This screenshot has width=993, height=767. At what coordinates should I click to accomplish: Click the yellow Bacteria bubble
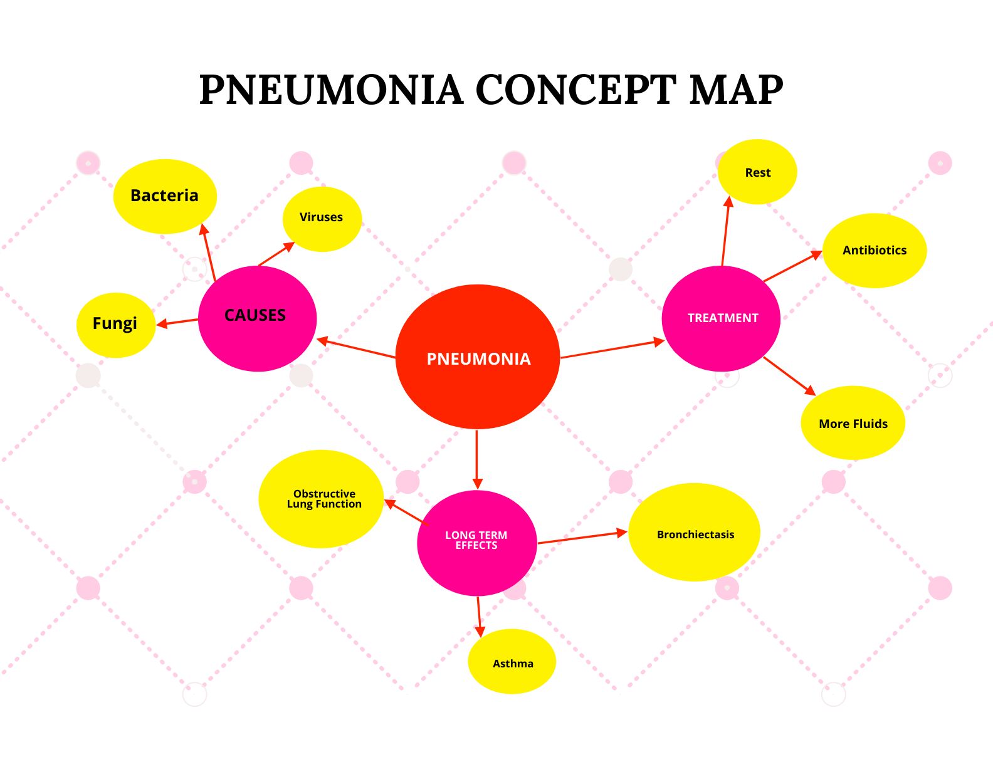pos(165,196)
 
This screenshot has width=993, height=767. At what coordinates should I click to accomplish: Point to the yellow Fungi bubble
pos(115,325)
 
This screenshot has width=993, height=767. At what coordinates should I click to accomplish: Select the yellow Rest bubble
pos(757,172)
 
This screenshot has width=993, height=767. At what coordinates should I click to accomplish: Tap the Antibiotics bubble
pos(874,251)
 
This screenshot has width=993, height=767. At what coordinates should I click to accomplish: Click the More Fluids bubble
pos(853,423)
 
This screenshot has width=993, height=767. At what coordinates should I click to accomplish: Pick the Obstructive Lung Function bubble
pos(321,499)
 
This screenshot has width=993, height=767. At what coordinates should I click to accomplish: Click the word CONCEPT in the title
pos(575,89)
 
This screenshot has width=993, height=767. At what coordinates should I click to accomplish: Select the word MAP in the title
pos(736,89)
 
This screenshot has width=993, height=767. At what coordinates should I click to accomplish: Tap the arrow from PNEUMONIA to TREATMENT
pos(611,349)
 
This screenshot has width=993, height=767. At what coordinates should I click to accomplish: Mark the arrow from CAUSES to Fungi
pos(177,322)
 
